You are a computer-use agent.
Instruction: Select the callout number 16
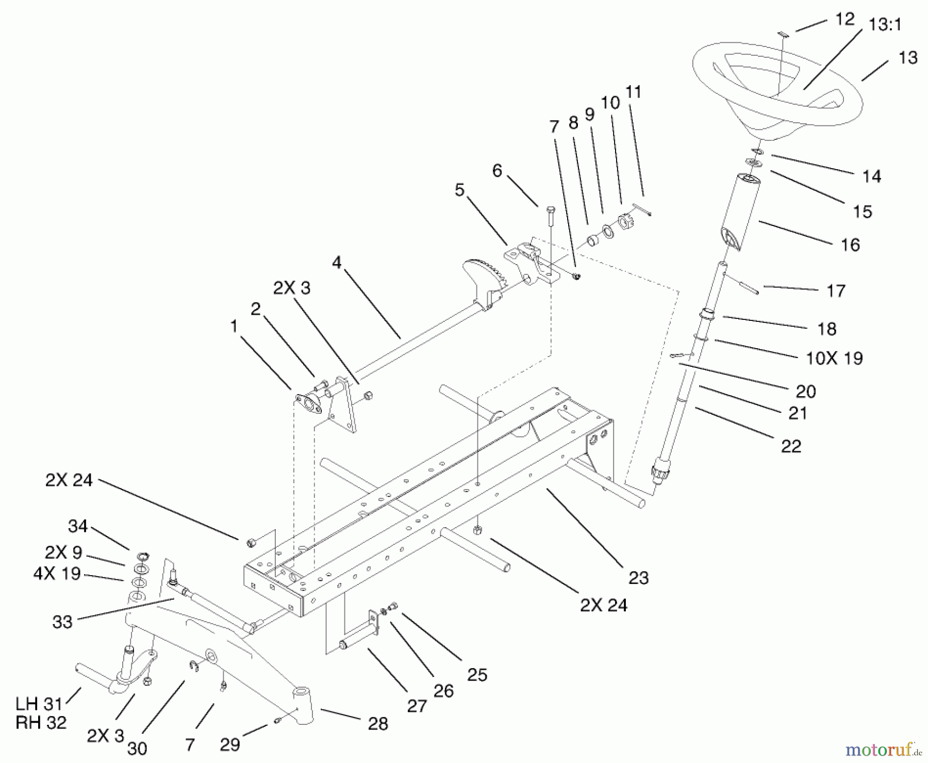click(x=850, y=245)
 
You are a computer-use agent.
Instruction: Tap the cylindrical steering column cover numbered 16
click(x=740, y=212)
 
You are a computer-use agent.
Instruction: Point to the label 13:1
click(x=885, y=24)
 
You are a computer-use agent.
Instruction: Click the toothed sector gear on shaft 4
click(x=484, y=279)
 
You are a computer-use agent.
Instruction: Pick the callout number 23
click(x=638, y=578)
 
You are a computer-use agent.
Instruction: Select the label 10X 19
click(x=834, y=358)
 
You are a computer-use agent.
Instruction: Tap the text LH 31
click(x=39, y=704)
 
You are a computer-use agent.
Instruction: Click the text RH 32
click(x=41, y=723)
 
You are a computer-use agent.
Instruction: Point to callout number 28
click(x=378, y=724)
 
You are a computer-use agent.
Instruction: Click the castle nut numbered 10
click(x=625, y=222)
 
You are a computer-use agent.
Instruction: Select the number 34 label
click(x=78, y=526)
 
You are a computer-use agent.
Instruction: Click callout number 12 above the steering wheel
click(x=844, y=19)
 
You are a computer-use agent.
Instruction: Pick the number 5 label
click(x=459, y=190)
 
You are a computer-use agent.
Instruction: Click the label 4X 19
click(x=57, y=573)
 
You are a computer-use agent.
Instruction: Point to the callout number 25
click(x=477, y=675)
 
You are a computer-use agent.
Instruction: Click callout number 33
click(x=62, y=622)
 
